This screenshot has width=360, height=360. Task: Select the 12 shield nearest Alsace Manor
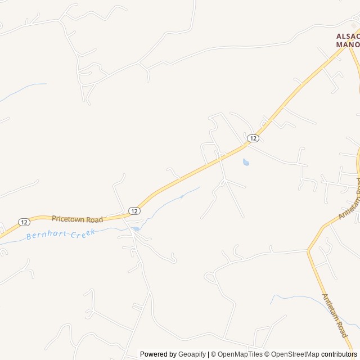253,138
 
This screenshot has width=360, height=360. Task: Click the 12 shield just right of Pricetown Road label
134,210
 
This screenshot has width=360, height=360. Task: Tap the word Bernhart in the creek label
47,235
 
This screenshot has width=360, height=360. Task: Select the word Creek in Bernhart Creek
82,232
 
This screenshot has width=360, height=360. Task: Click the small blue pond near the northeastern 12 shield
246,163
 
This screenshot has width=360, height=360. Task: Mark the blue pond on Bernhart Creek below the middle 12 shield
136,228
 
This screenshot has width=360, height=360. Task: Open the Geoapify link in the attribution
192,354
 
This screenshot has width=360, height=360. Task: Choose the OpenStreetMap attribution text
295,354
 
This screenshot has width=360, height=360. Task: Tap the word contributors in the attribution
339,354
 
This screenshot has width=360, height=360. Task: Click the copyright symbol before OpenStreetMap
268,354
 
